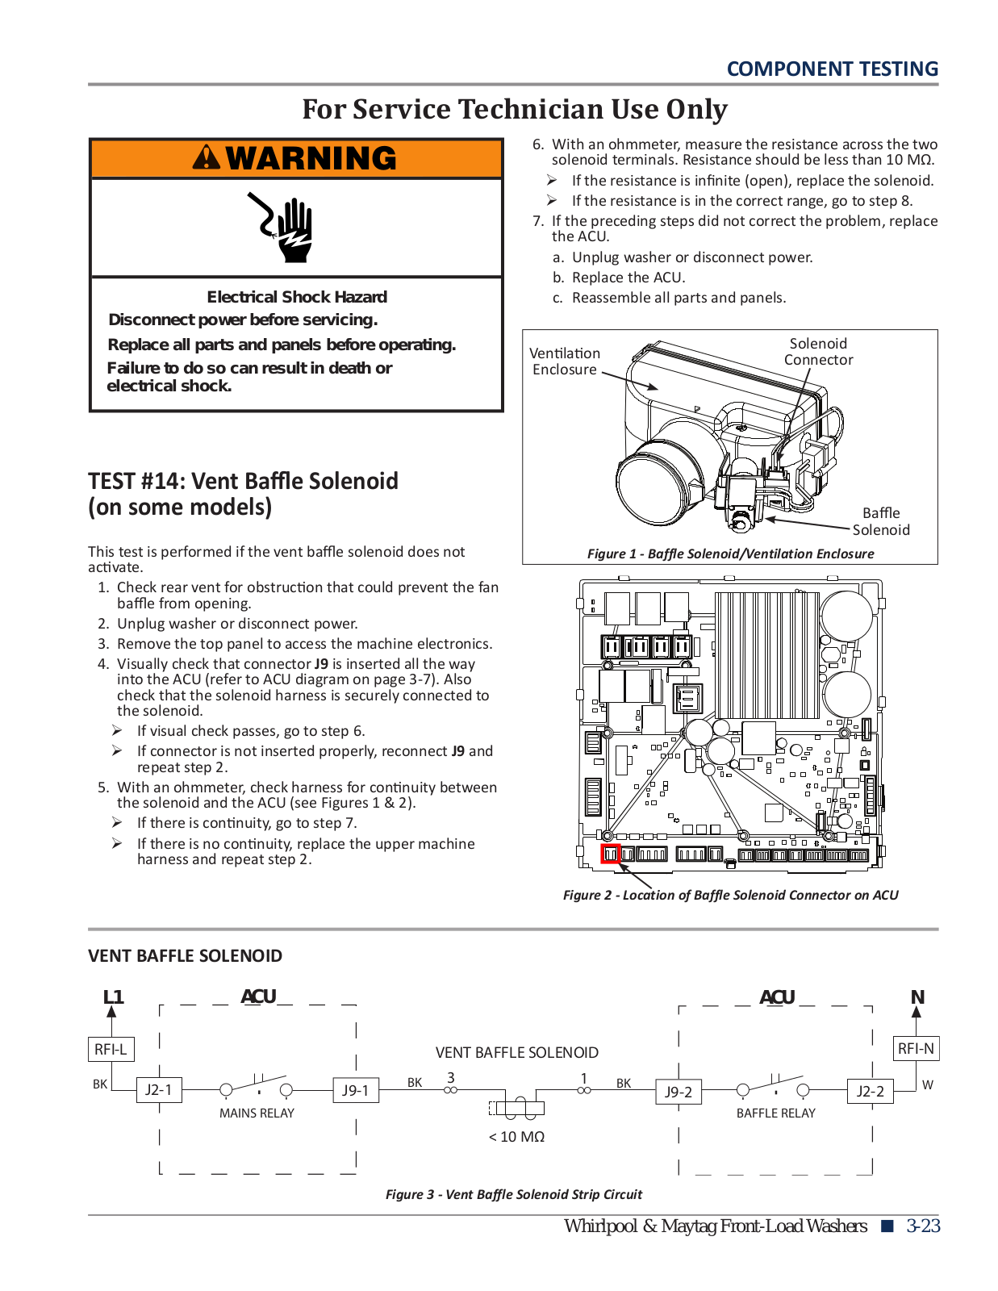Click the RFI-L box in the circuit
pyautogui.click(x=111, y=1049)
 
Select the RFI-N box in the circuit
pyautogui.click(x=916, y=1048)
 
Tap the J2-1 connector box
pyautogui.click(x=158, y=1090)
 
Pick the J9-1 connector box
pyautogui.click(x=355, y=1090)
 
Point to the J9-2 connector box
pyautogui.click(x=679, y=1092)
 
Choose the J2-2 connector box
pyautogui.click(x=870, y=1092)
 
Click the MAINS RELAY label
pyautogui.click(x=257, y=1113)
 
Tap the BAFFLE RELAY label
pyautogui.click(x=775, y=1113)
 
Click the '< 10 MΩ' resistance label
pyautogui.click(x=516, y=1136)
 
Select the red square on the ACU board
pyautogui.click(x=611, y=854)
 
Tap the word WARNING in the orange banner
pyautogui.click(x=311, y=158)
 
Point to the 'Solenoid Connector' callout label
pyautogui.click(x=818, y=352)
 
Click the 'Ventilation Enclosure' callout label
pyautogui.click(x=565, y=361)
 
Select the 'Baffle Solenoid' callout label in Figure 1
pyautogui.click(x=881, y=521)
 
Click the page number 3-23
pyautogui.click(x=923, y=1226)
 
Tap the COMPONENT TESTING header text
pyautogui.click(x=832, y=69)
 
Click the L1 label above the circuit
pyautogui.click(x=113, y=997)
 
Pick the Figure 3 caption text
pyautogui.click(x=514, y=1194)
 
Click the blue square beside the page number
pyautogui.click(x=887, y=1226)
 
